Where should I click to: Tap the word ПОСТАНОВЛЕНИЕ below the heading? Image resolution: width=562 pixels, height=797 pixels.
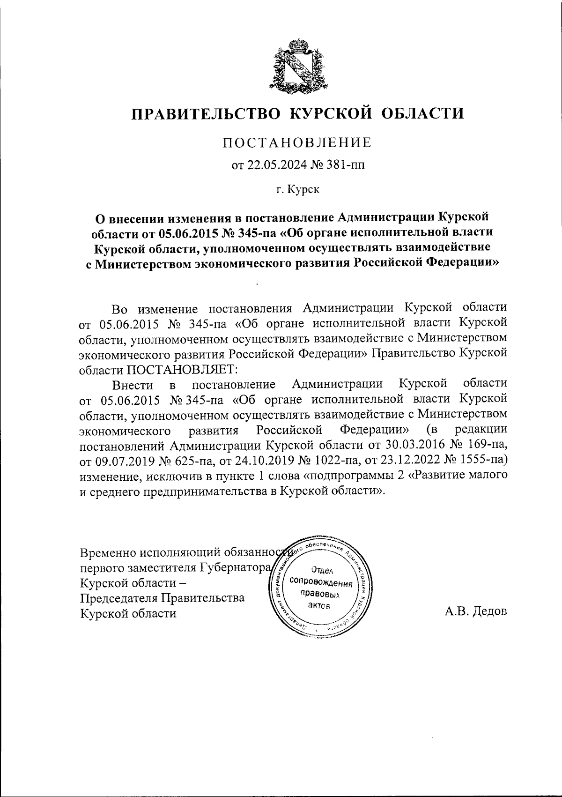coord(297,142)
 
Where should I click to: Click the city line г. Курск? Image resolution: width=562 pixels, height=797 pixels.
coord(297,190)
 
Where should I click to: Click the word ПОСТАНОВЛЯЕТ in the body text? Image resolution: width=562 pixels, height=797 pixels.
coord(181,369)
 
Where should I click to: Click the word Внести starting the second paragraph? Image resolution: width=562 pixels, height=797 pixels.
coord(133,385)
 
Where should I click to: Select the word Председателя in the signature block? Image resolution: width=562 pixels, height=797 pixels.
coord(118,598)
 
